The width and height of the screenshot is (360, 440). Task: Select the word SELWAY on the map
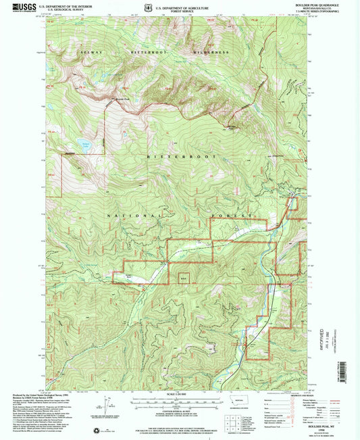click(x=88, y=52)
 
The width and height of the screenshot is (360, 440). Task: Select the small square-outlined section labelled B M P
click(x=183, y=276)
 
